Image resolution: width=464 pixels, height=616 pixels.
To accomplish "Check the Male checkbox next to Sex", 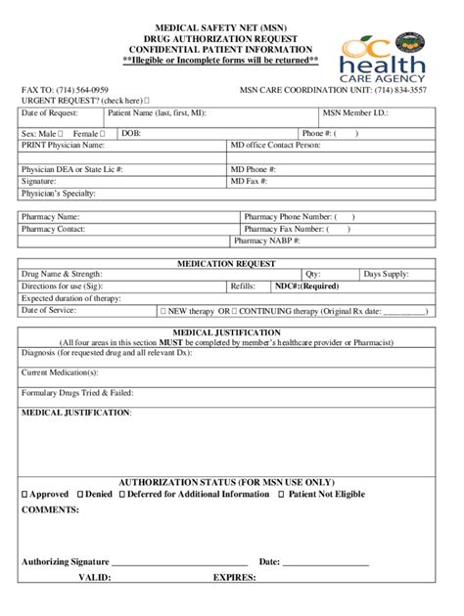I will coord(61,133).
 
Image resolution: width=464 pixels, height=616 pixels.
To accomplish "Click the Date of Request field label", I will coord(51,114).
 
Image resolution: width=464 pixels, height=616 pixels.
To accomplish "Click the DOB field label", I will coord(131,133).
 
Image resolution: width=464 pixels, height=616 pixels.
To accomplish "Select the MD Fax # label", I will coord(250,181).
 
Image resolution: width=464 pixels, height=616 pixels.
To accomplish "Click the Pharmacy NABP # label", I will coord(266,240).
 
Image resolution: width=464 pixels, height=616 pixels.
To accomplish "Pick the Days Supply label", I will coord(386,275).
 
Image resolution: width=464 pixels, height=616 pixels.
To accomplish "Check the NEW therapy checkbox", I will coord(162,311).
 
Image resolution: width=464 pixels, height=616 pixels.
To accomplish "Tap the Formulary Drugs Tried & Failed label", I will coord(77,392).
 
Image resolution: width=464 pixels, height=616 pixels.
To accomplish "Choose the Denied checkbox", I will coord(80,495).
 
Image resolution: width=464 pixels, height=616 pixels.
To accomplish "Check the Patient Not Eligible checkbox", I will coord(282,495).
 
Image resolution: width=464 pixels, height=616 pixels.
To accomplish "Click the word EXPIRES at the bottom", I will coord(234,577).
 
